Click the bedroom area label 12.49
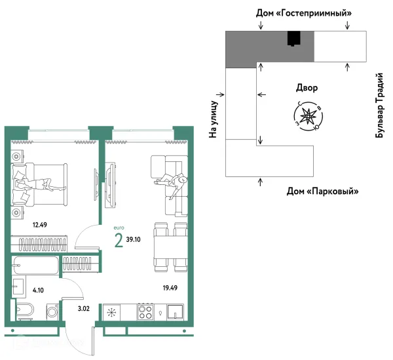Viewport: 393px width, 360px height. (40, 225)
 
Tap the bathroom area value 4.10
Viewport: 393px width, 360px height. (38, 290)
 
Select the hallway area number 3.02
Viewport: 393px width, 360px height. (83, 309)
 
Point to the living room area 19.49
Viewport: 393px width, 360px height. (170, 288)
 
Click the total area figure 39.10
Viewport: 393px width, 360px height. (134, 239)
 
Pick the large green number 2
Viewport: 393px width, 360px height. (119, 240)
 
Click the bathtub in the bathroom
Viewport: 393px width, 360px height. (35, 265)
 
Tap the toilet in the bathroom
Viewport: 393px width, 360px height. (24, 310)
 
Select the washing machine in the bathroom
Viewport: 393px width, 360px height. (52, 312)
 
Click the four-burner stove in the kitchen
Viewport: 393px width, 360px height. (145, 312)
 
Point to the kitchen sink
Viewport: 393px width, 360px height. (176, 312)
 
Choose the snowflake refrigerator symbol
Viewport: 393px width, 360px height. (111, 312)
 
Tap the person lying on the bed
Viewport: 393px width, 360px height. (40, 185)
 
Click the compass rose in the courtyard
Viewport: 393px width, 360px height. (309, 116)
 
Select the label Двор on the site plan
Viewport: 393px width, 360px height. (307, 88)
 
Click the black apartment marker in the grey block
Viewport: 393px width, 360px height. (293, 39)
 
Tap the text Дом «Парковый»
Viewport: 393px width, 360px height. (322, 191)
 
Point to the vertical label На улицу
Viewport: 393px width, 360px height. (213, 119)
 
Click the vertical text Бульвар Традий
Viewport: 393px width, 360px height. (379, 106)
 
